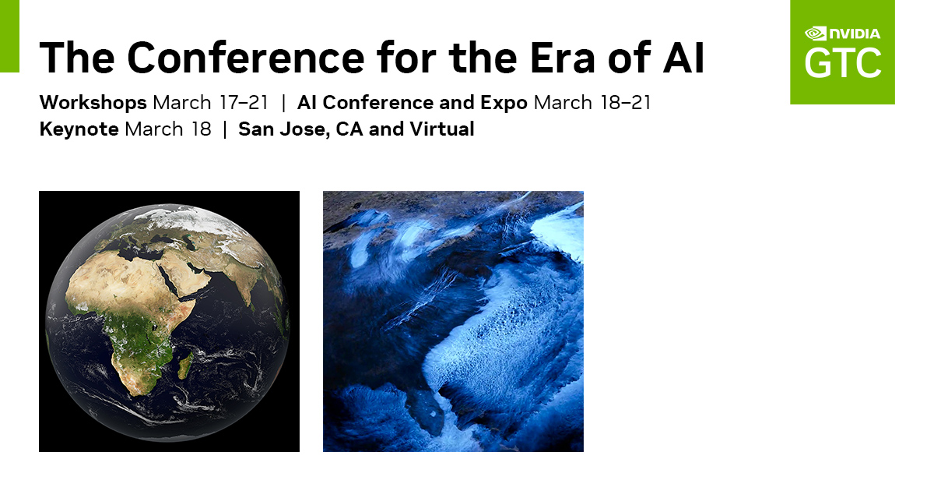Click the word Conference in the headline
(x=246, y=57)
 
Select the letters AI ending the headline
(x=683, y=58)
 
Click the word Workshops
(x=93, y=103)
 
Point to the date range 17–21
(x=244, y=103)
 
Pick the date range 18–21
(x=625, y=103)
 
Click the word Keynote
(x=79, y=129)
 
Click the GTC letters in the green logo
(x=843, y=63)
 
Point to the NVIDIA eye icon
(x=815, y=34)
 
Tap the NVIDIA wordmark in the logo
(x=855, y=34)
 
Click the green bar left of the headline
(x=9, y=37)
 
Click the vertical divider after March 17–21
(x=284, y=103)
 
